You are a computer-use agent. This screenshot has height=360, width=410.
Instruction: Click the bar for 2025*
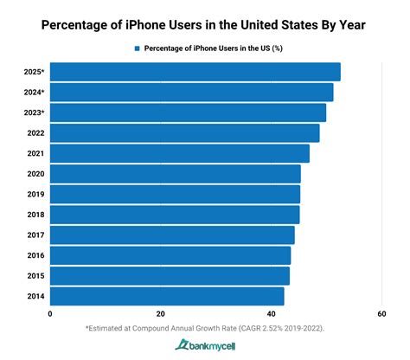point(195,72)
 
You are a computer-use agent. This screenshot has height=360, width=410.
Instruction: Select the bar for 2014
point(167,296)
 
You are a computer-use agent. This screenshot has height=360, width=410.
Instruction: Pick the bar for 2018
point(175,215)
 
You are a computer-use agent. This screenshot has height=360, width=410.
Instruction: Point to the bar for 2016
point(170,255)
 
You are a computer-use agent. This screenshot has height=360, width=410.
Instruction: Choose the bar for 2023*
point(188,112)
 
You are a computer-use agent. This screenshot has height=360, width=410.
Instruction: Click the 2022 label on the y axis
point(35,133)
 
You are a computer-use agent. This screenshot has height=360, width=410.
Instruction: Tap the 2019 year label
point(35,195)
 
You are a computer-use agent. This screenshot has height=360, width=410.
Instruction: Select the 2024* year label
point(34,93)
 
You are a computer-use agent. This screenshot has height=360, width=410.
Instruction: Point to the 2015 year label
point(35,276)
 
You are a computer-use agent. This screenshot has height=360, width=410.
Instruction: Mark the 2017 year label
point(35,235)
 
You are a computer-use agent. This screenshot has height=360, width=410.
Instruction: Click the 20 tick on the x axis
point(161,314)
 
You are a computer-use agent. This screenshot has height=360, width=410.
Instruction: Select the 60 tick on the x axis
point(381,314)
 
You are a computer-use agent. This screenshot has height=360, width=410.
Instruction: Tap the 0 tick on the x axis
point(50,314)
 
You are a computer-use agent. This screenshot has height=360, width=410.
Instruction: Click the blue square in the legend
point(137,48)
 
